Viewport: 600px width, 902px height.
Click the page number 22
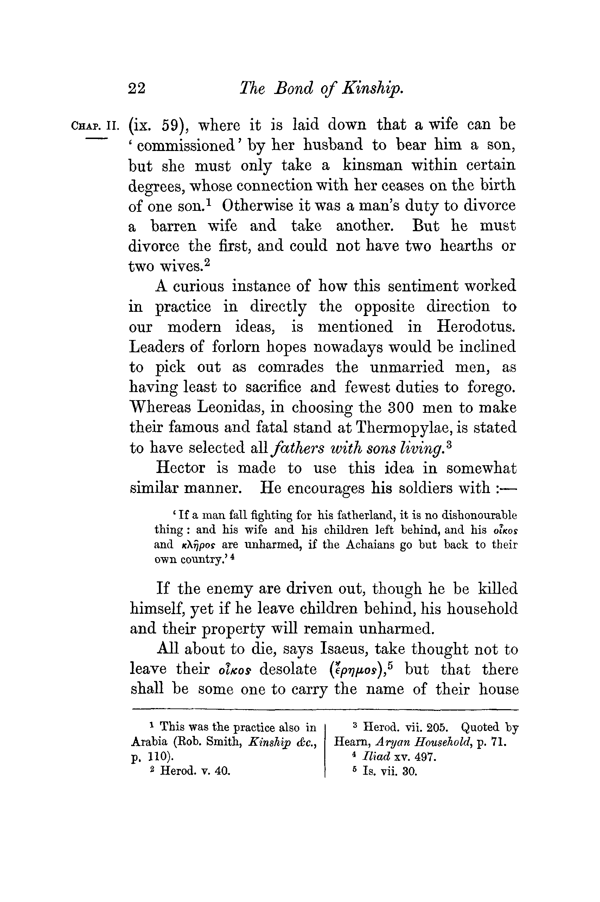(136, 89)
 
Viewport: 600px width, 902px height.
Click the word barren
(174, 226)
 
